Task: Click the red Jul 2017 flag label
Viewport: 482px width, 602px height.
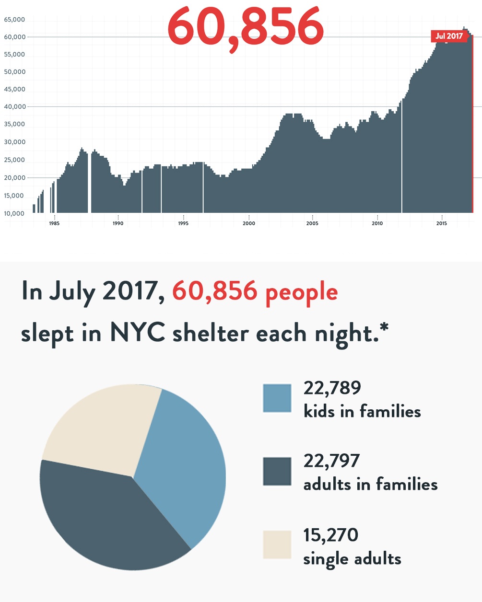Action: [449, 36]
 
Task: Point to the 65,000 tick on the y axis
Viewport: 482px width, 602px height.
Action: [14, 20]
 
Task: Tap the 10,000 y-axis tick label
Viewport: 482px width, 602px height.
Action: [14, 213]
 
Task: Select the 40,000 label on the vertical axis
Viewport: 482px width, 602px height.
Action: [14, 107]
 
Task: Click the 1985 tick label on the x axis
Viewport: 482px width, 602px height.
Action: [54, 223]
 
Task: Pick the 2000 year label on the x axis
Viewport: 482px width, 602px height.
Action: [249, 223]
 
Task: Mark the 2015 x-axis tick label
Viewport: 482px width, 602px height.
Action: [441, 223]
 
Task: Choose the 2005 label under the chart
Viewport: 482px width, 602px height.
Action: [312, 223]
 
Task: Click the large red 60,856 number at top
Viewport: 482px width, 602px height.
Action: [246, 27]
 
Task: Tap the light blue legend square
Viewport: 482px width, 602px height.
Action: [277, 398]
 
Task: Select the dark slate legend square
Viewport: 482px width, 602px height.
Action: [277, 471]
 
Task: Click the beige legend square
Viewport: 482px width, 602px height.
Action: [277, 544]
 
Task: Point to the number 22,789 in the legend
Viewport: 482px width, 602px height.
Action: [332, 388]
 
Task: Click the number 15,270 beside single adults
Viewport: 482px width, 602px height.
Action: [330, 535]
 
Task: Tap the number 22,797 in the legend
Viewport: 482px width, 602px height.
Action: [331, 461]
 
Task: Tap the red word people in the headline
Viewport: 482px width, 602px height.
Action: [302, 292]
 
